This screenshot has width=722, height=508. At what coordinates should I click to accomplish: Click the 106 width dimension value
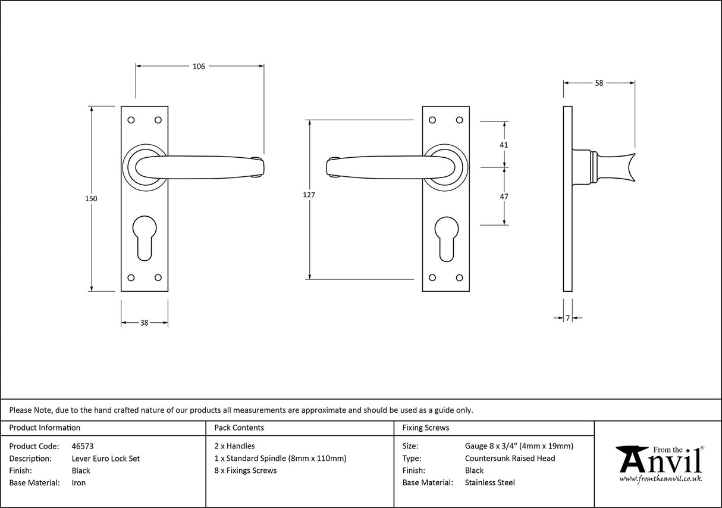click(x=199, y=67)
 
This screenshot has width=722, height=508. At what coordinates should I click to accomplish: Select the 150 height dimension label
click(x=91, y=198)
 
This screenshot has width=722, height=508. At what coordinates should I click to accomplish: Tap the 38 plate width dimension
click(x=144, y=323)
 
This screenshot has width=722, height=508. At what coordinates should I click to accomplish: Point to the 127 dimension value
click(x=309, y=195)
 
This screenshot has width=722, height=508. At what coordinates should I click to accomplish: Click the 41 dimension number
click(x=504, y=145)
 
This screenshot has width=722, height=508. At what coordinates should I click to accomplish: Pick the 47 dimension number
click(x=504, y=196)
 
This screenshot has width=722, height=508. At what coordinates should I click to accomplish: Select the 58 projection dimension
click(x=599, y=83)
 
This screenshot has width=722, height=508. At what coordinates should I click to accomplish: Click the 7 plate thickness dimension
click(x=567, y=319)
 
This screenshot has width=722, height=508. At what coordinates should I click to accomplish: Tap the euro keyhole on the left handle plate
click(x=145, y=238)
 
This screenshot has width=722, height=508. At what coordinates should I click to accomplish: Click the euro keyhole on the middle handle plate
click(x=445, y=238)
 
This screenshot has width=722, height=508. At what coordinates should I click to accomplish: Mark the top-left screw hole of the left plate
click(x=131, y=120)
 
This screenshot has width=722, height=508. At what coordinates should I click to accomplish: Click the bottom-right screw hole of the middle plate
click(x=459, y=278)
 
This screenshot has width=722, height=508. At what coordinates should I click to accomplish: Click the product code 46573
click(x=82, y=446)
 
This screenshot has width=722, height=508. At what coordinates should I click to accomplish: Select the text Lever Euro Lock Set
click(x=105, y=459)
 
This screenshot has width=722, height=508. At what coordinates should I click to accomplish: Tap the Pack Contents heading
click(x=239, y=428)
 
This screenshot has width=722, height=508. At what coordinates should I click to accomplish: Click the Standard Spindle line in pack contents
click(x=280, y=459)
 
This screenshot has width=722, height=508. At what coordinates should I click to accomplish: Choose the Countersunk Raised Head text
click(x=510, y=459)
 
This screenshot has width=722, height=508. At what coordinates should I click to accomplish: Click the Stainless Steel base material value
click(x=489, y=483)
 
